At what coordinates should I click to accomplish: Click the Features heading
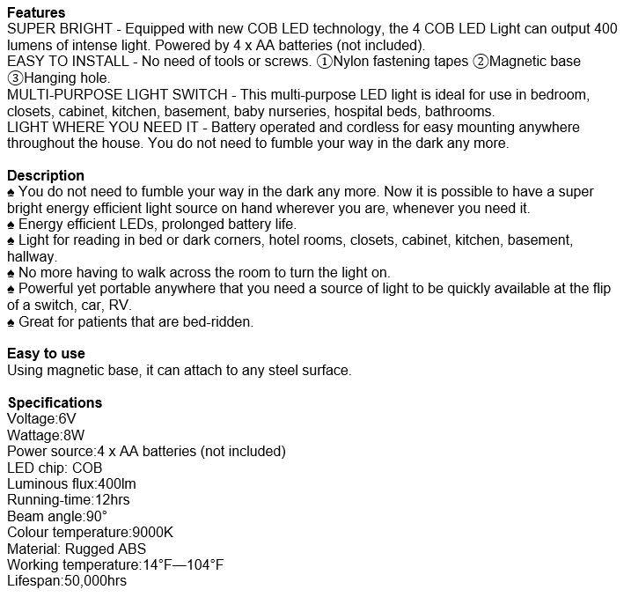pos(36,13)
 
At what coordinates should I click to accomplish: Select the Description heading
pos(46,175)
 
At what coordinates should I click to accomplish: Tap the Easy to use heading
pos(46,354)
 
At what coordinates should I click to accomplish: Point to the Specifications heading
pos(55,402)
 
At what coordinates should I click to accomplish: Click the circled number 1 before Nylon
pos(325,63)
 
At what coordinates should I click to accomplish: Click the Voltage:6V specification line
pos(41,418)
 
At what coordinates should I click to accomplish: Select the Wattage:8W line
pos(45,435)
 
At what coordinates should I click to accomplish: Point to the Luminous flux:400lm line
pos(71,483)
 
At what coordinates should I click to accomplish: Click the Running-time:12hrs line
pos(69,499)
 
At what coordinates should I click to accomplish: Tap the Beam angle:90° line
pos(57,516)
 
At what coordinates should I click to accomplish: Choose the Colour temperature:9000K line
pos(91,532)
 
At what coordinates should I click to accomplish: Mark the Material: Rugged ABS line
pos(77,549)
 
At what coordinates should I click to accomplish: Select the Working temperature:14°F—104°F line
pos(115,564)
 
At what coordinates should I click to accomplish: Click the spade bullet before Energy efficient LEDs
pos(11,224)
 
